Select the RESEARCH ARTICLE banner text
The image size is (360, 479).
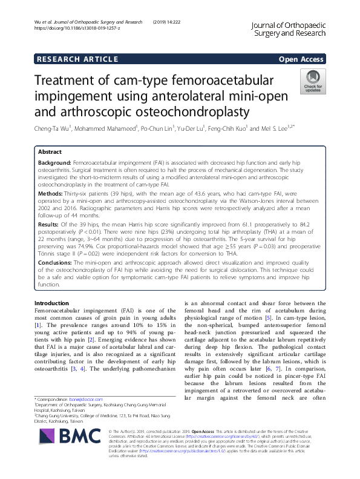pyautogui.click(x=77, y=59)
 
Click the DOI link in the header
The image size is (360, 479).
pyautogui.click(x=81, y=28)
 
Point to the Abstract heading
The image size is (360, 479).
pyautogui.click(x=50, y=152)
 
